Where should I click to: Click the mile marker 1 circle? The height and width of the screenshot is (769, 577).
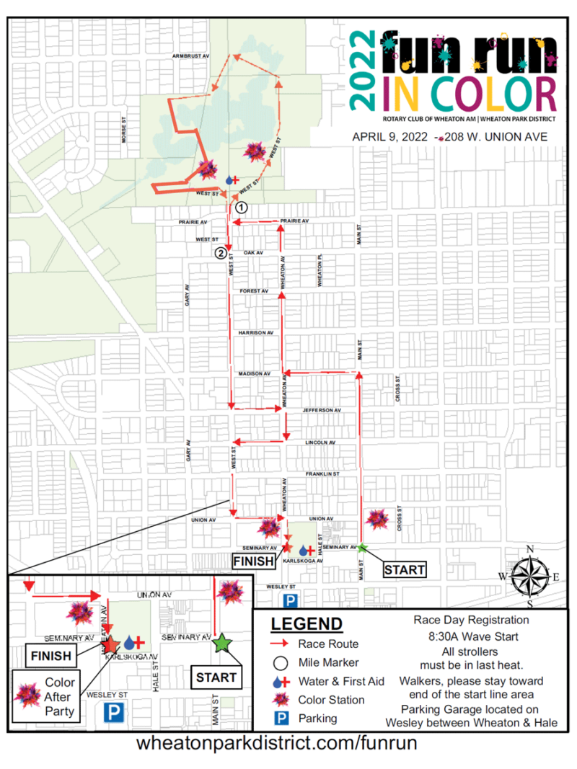[242, 206]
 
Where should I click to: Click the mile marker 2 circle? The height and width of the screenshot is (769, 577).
[220, 252]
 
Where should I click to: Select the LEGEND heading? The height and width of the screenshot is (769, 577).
[306, 623]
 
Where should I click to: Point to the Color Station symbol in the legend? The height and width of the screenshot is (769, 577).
[282, 699]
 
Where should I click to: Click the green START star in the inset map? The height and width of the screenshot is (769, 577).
[222, 642]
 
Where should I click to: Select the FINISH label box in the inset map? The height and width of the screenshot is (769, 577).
[50, 656]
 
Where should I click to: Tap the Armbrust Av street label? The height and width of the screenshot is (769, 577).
[190, 55]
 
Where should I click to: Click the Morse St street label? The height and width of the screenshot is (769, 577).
[124, 132]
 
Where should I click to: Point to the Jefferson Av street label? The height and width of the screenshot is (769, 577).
[320, 410]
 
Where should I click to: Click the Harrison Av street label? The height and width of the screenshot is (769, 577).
[255, 333]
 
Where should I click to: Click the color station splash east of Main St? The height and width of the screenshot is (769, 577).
[376, 518]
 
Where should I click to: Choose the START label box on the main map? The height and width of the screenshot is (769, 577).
[404, 569]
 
